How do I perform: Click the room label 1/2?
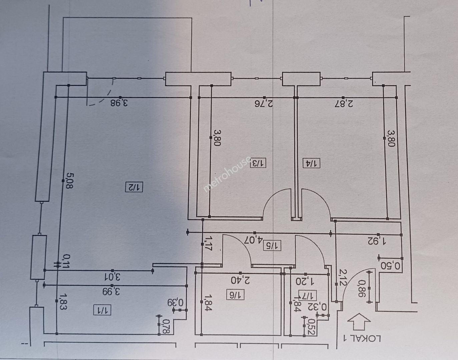(x=134, y=187)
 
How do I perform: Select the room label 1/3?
(x=258, y=163)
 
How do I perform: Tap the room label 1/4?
(x=312, y=163)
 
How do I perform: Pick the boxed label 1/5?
(x=272, y=246)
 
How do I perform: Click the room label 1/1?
(x=102, y=310)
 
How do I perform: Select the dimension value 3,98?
(x=119, y=103)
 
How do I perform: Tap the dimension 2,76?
(x=264, y=104)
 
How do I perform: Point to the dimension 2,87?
(x=344, y=104)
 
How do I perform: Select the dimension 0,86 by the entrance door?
(x=362, y=288)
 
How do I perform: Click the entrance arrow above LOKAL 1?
(x=359, y=321)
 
